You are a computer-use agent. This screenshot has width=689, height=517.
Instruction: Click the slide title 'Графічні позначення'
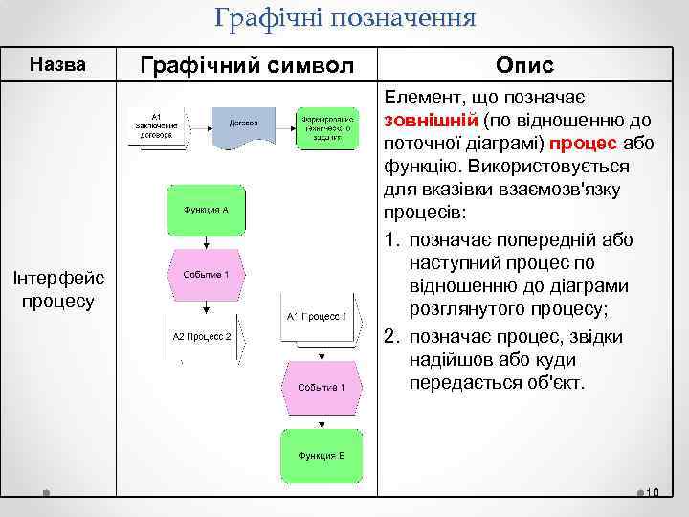tap(345, 18)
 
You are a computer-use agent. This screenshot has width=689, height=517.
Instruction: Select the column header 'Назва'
tap(58, 65)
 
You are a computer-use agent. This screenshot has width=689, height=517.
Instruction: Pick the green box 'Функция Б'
tap(319, 456)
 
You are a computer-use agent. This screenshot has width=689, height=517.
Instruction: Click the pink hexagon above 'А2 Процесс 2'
tap(206, 276)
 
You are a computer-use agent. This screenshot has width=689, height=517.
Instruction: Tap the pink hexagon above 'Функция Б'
tap(320, 387)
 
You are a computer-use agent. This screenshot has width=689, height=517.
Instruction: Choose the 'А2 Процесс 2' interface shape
tap(203, 337)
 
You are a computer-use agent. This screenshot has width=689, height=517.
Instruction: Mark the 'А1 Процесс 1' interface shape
tap(318, 317)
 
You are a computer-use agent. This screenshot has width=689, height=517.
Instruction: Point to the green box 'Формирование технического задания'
tap(328, 125)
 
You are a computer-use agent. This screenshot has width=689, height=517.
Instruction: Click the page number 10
tap(654, 494)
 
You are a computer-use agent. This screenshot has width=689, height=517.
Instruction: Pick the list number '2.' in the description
tap(391, 337)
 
